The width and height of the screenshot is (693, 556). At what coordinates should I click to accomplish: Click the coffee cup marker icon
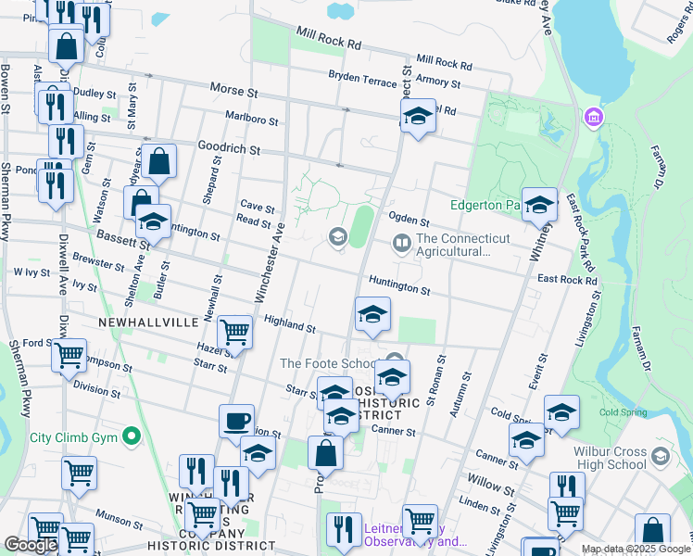(236, 421)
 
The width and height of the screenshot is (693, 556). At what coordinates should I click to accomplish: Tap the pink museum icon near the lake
(592, 118)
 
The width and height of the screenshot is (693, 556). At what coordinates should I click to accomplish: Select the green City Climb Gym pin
(132, 436)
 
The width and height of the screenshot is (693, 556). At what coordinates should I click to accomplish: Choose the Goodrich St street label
(229, 147)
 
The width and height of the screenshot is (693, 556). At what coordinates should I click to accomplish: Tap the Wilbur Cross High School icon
(660, 456)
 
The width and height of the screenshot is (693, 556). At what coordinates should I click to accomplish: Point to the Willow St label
(492, 483)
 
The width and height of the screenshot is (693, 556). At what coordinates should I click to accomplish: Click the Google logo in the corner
(31, 545)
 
